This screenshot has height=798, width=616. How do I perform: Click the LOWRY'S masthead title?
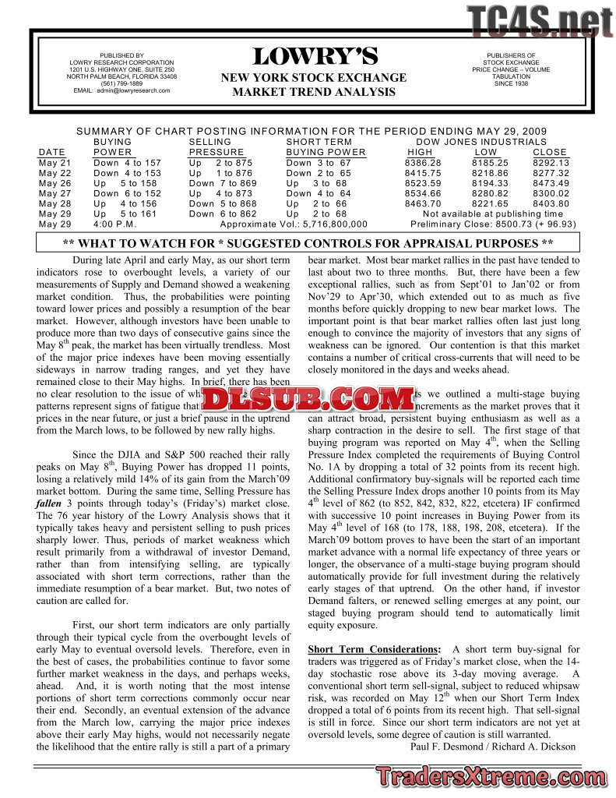coord(315,57)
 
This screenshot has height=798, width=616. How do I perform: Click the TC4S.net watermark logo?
coord(540,21)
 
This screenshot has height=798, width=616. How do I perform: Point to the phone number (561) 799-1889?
coord(121,83)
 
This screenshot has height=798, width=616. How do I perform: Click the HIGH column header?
coord(420,152)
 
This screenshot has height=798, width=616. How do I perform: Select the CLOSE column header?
coord(550,152)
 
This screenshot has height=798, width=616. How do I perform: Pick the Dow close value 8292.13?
coord(551,163)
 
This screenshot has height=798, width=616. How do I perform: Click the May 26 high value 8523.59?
coord(423,183)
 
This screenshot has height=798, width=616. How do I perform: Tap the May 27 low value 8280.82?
coord(491,193)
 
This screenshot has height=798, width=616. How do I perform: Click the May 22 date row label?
coord(55,173)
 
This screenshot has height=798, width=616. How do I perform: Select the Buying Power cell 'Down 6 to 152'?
coord(128,193)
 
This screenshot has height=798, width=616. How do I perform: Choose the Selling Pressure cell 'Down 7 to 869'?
coord(223,183)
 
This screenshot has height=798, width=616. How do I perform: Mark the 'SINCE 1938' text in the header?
coord(511,83)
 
